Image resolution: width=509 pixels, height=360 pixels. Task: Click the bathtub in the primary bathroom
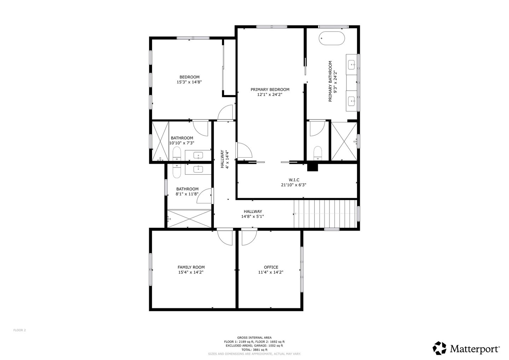[x=332, y=38]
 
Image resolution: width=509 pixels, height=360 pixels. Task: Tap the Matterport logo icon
[x=439, y=348]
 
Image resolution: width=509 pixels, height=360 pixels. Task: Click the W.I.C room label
[x=294, y=180]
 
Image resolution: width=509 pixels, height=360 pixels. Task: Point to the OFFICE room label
[x=271, y=267]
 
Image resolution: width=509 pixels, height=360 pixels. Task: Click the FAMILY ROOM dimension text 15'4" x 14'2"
[x=191, y=272]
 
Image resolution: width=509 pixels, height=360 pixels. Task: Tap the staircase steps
[x=325, y=214]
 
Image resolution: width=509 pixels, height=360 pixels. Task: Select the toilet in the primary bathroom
[x=318, y=153]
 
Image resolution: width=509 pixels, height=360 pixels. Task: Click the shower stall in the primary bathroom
[x=344, y=141]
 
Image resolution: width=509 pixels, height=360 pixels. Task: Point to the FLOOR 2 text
[x=19, y=330]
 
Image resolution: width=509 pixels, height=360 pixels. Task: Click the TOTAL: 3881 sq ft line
[x=254, y=350]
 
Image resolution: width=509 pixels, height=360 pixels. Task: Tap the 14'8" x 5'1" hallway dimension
[x=252, y=216]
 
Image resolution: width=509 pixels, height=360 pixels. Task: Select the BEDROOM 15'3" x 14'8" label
[x=189, y=80]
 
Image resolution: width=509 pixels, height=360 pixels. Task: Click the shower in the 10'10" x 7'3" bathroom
[x=160, y=141]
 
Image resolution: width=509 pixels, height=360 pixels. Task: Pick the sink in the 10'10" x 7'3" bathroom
[x=198, y=156]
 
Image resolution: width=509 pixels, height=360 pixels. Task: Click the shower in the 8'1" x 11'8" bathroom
[x=189, y=219]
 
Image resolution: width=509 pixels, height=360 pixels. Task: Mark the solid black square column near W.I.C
[x=312, y=167]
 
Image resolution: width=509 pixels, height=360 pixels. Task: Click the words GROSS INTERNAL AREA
[x=254, y=338]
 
